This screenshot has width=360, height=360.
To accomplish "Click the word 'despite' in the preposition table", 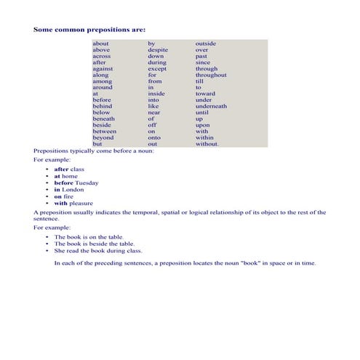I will pos(158,50).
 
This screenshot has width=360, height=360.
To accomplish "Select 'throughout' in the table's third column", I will pos(211,75).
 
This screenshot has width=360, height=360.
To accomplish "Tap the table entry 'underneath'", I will pos(211,106).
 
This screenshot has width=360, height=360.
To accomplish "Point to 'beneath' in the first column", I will pos(103,119).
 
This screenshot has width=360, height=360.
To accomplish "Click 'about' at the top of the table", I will pos(100,44).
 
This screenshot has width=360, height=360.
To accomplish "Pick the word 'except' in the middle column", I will pos(157,68).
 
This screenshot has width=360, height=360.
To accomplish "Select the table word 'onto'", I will pos(154,137).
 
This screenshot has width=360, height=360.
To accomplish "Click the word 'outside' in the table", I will pos(206,44).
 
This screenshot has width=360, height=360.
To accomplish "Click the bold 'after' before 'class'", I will pos(61,169).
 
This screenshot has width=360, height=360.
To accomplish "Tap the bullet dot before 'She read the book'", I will pos(47,251).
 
